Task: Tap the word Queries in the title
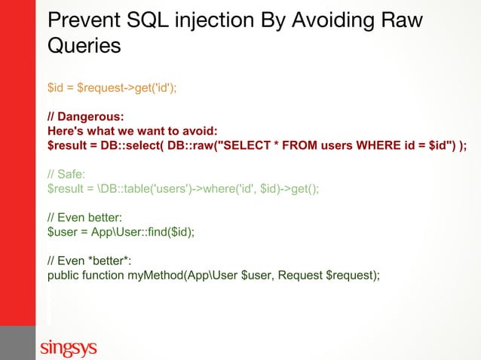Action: pos(84,45)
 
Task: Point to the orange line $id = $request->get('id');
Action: pos(112,87)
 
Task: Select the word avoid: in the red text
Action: pos(198,131)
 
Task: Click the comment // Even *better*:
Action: pos(84,261)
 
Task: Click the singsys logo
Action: pos(69,347)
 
